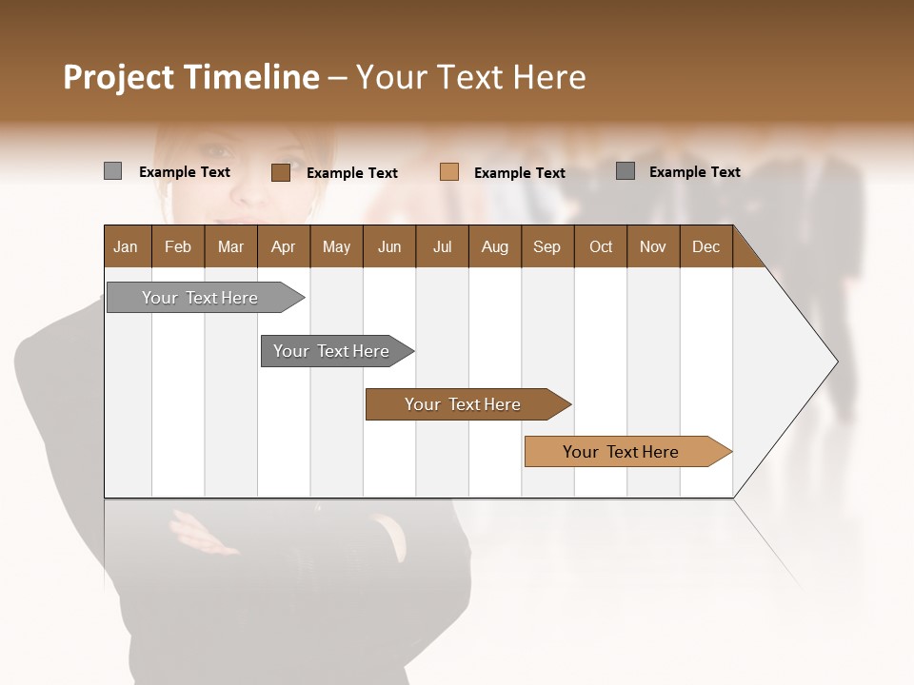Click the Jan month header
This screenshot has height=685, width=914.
(126, 246)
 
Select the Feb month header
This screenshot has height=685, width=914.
(178, 246)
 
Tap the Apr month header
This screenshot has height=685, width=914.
(283, 246)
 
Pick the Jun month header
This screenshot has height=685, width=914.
(389, 246)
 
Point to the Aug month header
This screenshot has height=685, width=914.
(494, 246)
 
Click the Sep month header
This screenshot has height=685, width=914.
(546, 246)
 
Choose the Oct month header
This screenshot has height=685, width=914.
(601, 246)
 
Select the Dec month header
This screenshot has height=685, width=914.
(705, 246)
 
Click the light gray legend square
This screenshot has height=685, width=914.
(112, 171)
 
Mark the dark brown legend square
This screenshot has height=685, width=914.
(280, 172)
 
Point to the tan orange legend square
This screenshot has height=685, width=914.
(449, 172)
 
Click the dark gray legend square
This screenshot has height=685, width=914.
(626, 171)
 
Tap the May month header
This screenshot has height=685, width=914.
(336, 246)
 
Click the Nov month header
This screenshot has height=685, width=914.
(652, 246)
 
